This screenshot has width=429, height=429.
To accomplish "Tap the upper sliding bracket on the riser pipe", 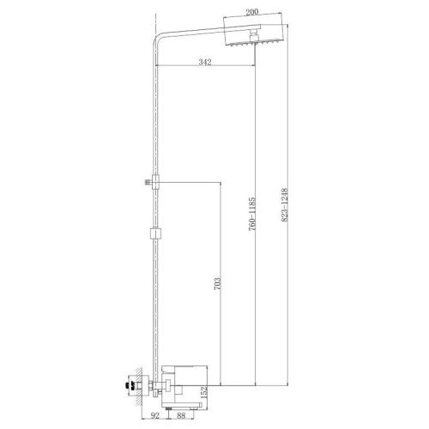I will point(154,181).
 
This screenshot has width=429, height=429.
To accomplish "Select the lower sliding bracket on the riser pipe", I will point(154,232).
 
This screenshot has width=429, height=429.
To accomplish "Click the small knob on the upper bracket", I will point(147,181).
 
